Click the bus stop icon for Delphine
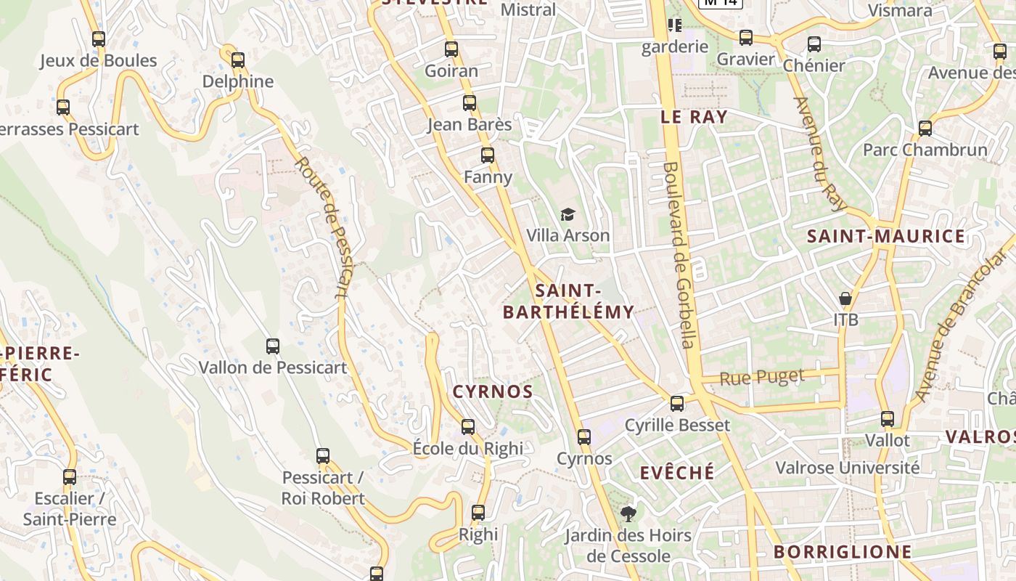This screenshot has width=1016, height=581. pos(238,60)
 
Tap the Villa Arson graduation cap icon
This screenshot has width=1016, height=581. pos(568,214)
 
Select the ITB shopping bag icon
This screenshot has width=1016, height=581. pos(845,298)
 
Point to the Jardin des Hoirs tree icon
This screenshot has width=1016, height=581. pos(628,515)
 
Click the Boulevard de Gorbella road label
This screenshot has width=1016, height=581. pos(679,254)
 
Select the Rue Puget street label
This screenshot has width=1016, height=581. pos(762,377)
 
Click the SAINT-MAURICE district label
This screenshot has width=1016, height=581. pos(886,236)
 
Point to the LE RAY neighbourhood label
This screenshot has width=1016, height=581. pos(694,117)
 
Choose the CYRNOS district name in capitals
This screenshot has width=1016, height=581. pos(493,391)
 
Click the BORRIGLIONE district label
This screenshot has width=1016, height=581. pos(842,552)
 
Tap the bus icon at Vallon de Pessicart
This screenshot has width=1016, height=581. pos(273,346)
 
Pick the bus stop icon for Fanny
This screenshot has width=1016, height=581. pos(488,155)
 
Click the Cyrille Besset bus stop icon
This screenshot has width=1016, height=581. pos(677,403)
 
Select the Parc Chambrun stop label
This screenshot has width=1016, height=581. pos(925,150)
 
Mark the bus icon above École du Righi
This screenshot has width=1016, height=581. pos(468,426)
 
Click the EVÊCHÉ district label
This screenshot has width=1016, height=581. pos(677,473)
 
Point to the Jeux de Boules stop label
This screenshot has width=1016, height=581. pos(98,60)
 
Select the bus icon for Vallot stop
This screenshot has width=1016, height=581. pos(888,419)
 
